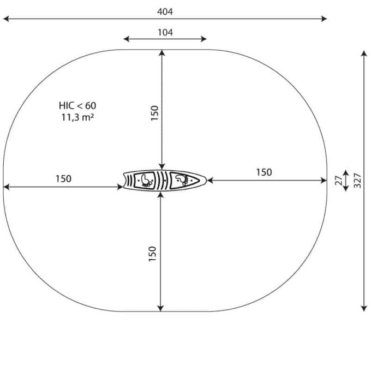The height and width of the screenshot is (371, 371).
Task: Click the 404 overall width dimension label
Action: [165, 11]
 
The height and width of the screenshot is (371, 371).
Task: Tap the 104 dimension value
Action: [165, 32]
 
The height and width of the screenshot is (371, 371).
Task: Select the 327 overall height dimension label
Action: [357, 181]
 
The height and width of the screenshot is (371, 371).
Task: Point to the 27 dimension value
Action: [339, 181]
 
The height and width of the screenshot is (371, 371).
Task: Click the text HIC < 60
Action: [77, 105]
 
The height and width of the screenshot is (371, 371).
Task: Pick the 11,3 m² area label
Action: [77, 117]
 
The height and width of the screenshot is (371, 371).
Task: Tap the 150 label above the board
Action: [154, 113]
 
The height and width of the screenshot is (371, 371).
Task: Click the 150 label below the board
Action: [152, 254]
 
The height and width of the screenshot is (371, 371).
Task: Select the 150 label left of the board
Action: [63, 178]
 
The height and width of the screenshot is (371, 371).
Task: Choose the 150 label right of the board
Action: [264, 172]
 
